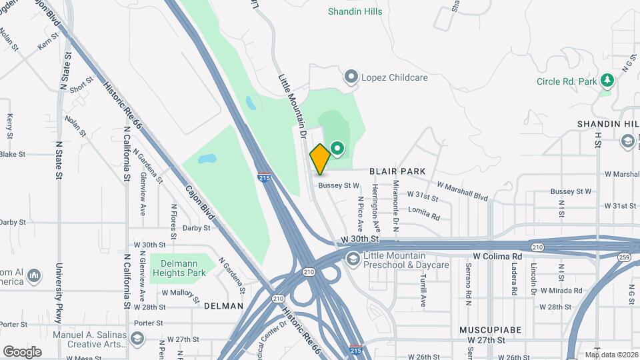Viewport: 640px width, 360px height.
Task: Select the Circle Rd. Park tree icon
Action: [x=607, y=81]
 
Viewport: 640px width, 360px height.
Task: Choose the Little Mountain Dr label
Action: [x=291, y=103]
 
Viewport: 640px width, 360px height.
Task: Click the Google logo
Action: [x=22, y=351]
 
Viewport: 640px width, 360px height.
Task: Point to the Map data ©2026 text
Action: [x=611, y=355]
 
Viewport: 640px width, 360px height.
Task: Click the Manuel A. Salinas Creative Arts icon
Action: [x=137, y=338]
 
